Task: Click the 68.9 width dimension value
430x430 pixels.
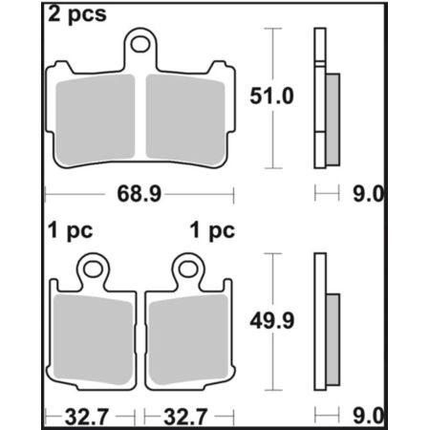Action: [x=140, y=194]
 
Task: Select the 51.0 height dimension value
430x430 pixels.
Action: [x=271, y=96]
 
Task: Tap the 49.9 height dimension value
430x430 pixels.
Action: [x=272, y=321]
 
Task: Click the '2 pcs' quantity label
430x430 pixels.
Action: [x=77, y=14]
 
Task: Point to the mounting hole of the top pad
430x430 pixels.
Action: [x=140, y=44]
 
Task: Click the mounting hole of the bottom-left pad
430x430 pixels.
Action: [x=93, y=269]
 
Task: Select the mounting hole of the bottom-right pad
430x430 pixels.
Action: [x=188, y=269]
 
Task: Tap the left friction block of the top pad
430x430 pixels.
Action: [x=95, y=117]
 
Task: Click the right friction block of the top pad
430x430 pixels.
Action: [x=185, y=117]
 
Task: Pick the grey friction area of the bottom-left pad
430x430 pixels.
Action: [x=93, y=338]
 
